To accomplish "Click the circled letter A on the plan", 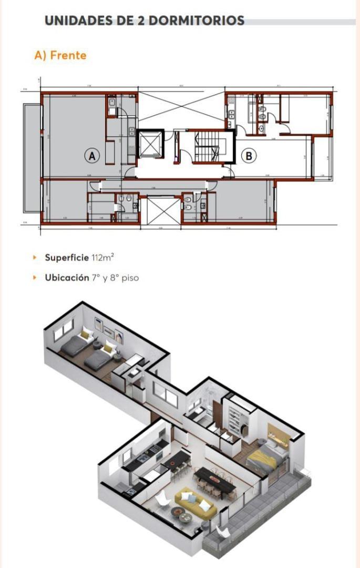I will (92, 156).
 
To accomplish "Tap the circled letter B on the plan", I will (249, 156).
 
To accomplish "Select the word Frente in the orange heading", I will (68, 55).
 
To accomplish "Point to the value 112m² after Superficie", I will (103, 258).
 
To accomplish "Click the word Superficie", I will (67, 258).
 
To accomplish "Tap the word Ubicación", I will (67, 278).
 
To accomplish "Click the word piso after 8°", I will (130, 278).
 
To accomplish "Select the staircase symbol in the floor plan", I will (206, 148).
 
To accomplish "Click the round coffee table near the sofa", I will (186, 518).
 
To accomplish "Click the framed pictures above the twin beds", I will (108, 329).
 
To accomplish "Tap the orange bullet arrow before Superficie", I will (35, 258).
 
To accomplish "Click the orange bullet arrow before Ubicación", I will (35, 278).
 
